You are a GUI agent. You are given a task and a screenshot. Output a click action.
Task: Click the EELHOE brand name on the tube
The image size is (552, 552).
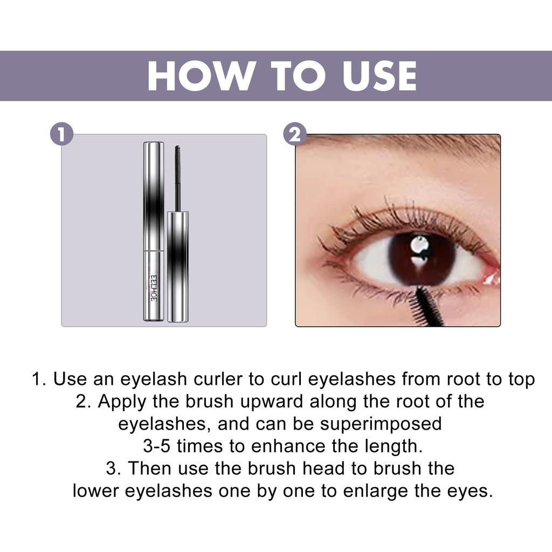pos(153,288)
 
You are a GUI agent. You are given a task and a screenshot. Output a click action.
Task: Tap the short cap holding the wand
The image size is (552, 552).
pos(178,267)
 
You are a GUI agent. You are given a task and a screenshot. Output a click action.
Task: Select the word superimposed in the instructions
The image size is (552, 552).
pos(381,424)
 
